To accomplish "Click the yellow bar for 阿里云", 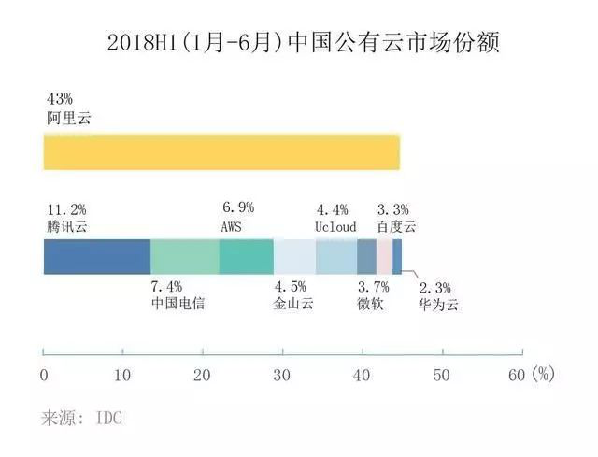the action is coord(221,151).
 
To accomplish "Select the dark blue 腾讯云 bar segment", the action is coord(97,257).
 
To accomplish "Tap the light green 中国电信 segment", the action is coord(185,257).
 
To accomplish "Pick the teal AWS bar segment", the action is coord(247,257).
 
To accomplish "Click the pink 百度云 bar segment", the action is coord(384,257).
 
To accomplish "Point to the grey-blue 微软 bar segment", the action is coord(367,257).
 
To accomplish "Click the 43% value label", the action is coord(60,99).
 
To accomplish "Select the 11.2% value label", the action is coord(66,209).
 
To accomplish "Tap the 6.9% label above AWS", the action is coord(238,207).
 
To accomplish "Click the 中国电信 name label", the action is coord(178,304).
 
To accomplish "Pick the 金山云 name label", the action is coord(293,304).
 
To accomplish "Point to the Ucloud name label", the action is coord(335,227).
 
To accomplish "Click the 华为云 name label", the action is coord(438,305).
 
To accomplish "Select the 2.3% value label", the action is coord(435,288).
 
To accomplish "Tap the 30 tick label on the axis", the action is coord(282,376).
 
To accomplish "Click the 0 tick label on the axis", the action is coord(44,376).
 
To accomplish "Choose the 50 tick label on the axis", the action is coord(442,376).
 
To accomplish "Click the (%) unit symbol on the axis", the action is coord(543,374).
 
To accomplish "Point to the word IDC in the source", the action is coord(109,418).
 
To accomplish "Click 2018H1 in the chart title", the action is coord(142,43).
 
